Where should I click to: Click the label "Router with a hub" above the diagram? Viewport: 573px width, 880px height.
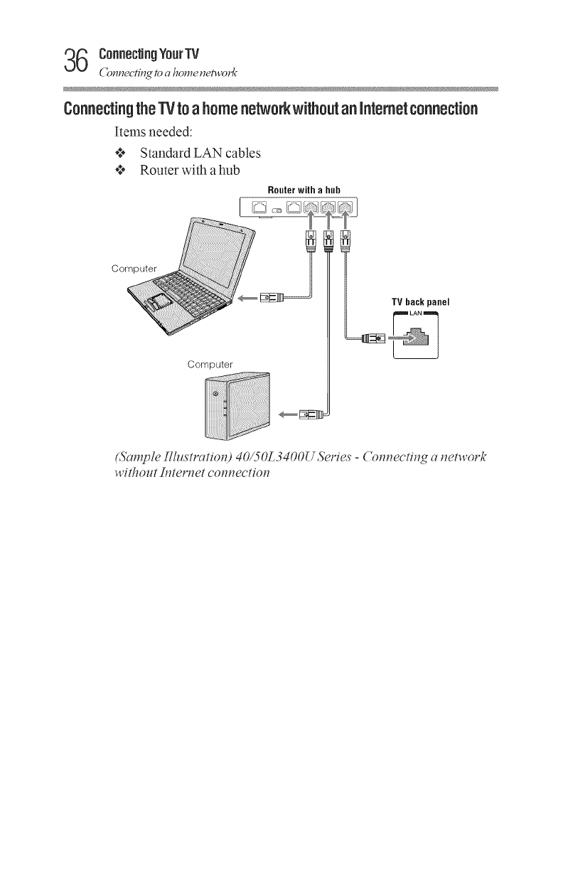(x=304, y=190)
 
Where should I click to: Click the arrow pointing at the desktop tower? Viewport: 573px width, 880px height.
(x=289, y=413)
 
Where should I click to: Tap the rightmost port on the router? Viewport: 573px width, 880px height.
(x=346, y=208)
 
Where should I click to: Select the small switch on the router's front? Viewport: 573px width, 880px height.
(x=278, y=210)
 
